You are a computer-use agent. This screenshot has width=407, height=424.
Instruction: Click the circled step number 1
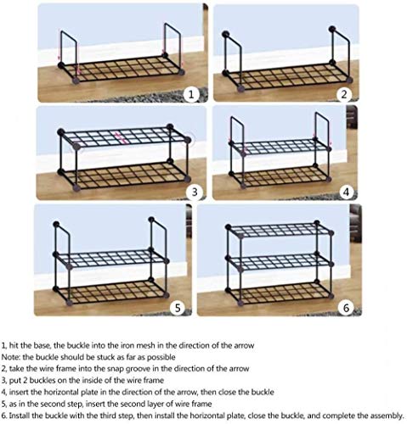(x=191, y=94)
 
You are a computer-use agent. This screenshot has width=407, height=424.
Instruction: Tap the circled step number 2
(x=344, y=94)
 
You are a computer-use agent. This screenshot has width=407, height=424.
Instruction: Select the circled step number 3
(x=195, y=192)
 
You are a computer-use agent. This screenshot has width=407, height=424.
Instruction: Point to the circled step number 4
(x=346, y=192)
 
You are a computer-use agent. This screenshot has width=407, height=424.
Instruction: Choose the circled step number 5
(x=178, y=308)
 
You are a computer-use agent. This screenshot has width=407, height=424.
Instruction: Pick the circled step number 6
(x=347, y=308)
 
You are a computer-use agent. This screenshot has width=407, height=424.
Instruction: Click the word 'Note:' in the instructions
(x=11, y=357)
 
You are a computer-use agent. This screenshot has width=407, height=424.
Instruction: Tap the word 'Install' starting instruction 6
(x=20, y=416)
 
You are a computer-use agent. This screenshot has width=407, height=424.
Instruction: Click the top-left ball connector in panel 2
(x=226, y=34)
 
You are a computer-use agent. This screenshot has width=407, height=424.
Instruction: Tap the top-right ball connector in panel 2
(x=332, y=29)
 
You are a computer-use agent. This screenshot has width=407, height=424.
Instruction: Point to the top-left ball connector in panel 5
(x=56, y=225)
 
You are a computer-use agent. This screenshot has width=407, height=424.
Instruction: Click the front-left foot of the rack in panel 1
(x=76, y=81)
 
